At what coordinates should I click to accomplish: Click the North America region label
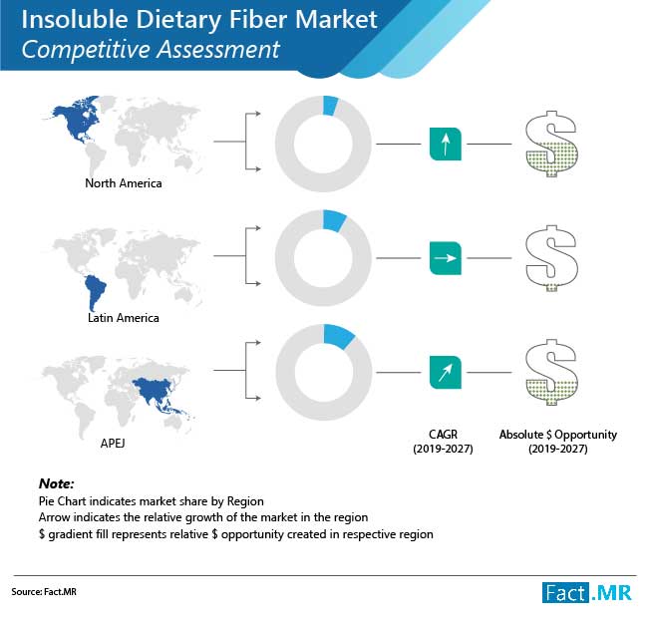(x=124, y=183)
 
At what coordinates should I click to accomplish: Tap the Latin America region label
(x=124, y=318)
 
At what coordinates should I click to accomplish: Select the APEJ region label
(x=113, y=444)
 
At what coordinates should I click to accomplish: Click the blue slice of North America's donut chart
(x=330, y=106)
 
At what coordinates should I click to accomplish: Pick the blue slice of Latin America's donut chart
(x=334, y=220)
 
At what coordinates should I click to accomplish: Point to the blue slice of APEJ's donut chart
(x=338, y=336)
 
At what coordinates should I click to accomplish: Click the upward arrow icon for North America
(x=446, y=144)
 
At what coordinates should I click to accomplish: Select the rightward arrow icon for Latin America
(x=446, y=258)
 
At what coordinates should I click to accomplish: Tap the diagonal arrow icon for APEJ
(x=446, y=373)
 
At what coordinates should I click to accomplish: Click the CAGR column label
(x=443, y=442)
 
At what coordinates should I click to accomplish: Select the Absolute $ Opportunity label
(x=558, y=442)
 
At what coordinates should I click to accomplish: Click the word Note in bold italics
(x=56, y=483)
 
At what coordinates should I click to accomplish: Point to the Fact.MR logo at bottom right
(x=587, y=593)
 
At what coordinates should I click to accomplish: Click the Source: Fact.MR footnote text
(x=44, y=592)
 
